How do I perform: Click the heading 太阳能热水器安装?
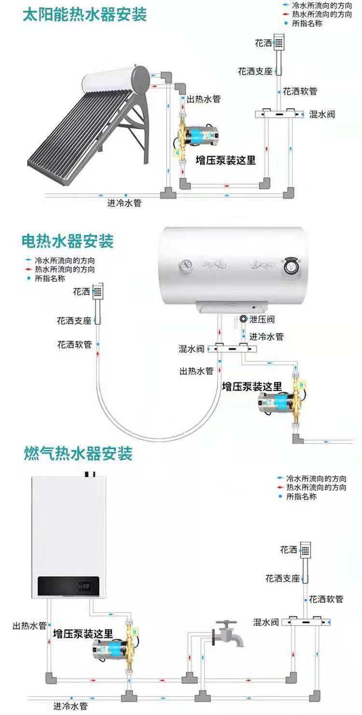pyautogui.click(x=85, y=15)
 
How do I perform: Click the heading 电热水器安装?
pyautogui.click(x=68, y=240)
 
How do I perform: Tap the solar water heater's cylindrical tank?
pyautogui.click(x=116, y=80)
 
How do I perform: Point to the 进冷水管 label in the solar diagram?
pyautogui.click(x=125, y=203)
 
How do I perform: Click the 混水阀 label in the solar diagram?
pyautogui.click(x=322, y=114)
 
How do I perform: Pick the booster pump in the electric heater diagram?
pyautogui.click(x=278, y=400)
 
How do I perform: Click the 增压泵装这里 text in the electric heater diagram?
pyautogui.click(x=251, y=386)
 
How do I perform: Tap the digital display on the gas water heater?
pyautogui.click(x=85, y=587)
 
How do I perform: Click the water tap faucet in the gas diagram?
pyautogui.click(x=227, y=633)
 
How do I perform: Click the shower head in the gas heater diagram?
pyautogui.click(x=305, y=550)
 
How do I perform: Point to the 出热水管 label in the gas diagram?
pyautogui.click(x=29, y=626)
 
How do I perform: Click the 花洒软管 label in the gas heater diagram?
pyautogui.click(x=326, y=600)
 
